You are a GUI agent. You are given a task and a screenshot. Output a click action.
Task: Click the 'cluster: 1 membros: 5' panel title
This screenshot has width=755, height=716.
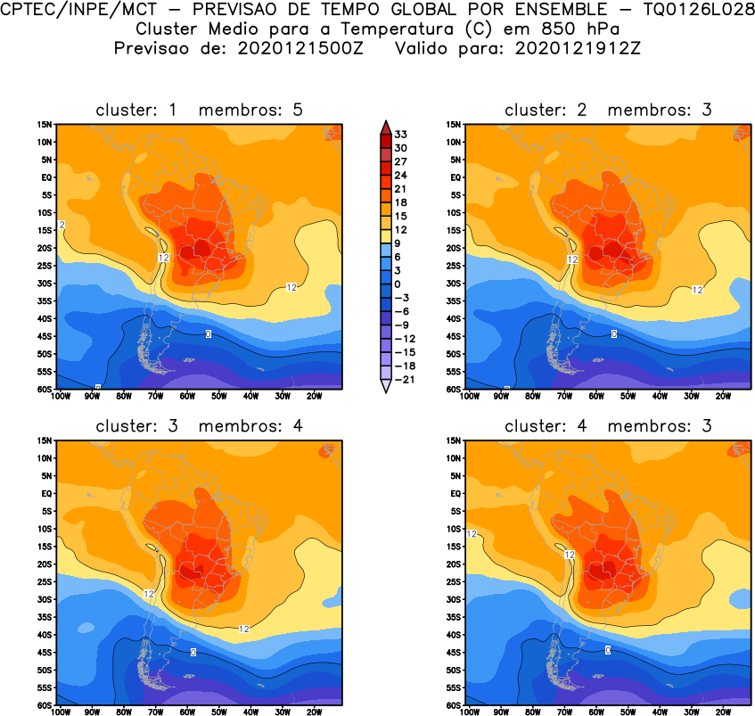pyautogui.click(x=200, y=110)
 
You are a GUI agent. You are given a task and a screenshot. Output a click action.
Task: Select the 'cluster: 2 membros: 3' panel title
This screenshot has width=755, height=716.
pyautogui.click(x=609, y=110)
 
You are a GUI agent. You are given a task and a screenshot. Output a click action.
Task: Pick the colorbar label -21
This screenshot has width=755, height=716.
pyautogui.click(x=404, y=379)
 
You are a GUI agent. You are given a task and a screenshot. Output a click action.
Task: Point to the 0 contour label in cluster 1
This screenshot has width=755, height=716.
pyautogui.click(x=208, y=333)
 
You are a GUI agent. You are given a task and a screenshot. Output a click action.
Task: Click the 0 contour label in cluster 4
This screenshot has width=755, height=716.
pyautogui.click(x=608, y=650)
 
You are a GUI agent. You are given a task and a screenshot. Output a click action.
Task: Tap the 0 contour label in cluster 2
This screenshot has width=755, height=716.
pyautogui.click(x=613, y=333)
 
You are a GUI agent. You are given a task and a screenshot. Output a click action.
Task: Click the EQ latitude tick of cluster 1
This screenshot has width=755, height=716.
pyautogui.click(x=48, y=177)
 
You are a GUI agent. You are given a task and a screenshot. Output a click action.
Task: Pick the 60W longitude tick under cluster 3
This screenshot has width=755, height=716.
pyautogui.click(x=187, y=712)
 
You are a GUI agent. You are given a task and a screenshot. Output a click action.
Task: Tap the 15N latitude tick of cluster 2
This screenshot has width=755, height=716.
pyautogui.click(x=454, y=125)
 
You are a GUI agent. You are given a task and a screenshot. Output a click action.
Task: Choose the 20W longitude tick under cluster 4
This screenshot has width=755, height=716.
pyautogui.click(x=723, y=712)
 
